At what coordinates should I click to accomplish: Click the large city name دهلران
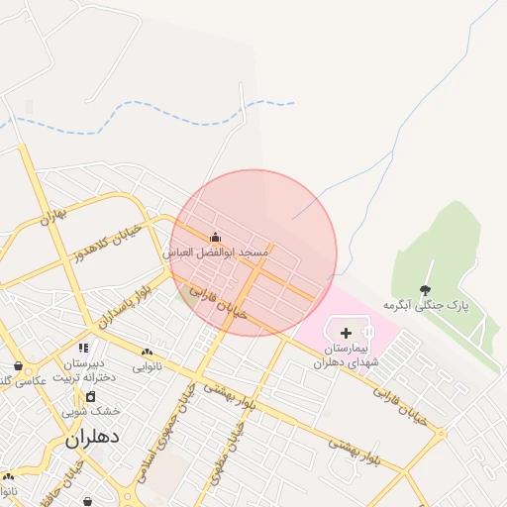point(92,437)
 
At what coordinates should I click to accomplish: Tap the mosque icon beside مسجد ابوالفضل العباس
point(216,238)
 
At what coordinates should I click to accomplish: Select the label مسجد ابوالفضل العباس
point(216,253)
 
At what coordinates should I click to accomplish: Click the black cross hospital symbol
point(346,333)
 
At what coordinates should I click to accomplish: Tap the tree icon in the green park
point(426,290)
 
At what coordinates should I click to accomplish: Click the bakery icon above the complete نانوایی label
point(148,352)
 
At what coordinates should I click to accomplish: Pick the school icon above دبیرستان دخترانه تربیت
point(83,348)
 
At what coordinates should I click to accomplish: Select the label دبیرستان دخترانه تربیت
point(85,369)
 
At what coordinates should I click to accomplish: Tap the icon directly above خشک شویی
point(91,396)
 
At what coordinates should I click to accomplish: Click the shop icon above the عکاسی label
point(18,365)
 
